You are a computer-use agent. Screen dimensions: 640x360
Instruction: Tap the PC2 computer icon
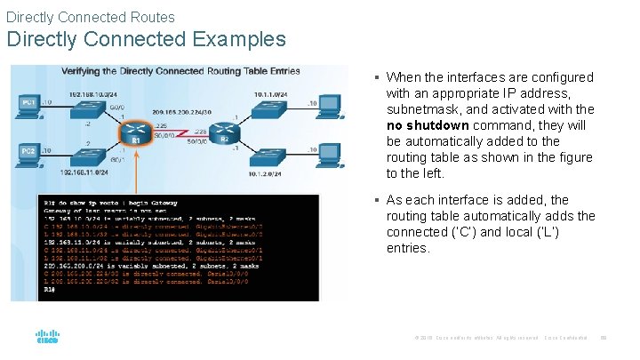tap(29, 156)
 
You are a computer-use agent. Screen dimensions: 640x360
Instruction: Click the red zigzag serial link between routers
tap(178, 134)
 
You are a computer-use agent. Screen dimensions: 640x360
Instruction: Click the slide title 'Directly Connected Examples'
tap(146, 39)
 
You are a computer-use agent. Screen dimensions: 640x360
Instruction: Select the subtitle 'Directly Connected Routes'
tap(91, 17)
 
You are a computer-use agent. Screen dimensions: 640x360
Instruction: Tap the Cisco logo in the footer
tap(47, 338)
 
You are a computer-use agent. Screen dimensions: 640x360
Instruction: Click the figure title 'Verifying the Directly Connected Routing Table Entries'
tap(180, 72)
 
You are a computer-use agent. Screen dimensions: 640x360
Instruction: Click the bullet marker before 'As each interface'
tap(377, 201)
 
